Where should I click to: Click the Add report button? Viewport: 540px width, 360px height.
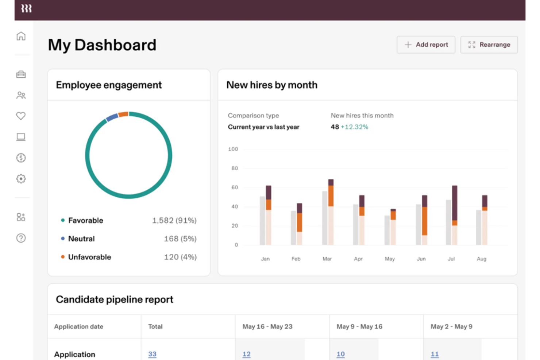426,44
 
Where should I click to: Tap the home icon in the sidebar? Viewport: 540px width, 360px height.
21,36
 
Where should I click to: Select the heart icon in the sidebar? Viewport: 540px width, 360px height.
21,116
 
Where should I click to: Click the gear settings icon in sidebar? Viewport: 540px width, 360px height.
21,179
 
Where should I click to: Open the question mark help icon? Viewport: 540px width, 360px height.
21,238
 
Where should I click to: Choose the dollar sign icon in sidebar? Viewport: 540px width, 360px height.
21,158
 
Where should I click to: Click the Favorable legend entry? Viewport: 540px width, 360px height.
85,220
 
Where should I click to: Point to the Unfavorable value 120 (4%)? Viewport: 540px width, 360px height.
180,257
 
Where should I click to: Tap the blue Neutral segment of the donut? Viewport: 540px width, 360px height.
112,117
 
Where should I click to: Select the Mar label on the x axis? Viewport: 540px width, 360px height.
327,259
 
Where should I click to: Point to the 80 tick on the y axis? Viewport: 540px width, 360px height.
234,168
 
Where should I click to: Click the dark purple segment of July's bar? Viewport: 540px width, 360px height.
455,203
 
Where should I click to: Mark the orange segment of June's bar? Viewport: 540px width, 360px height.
425,221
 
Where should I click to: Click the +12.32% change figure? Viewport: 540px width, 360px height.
354,127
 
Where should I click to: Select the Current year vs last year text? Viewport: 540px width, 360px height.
263,127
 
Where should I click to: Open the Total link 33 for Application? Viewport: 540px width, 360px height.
152,354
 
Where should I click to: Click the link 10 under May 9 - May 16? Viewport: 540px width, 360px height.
340,354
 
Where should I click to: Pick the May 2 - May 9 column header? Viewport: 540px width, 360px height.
451,326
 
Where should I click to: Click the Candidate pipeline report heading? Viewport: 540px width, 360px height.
115,299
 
